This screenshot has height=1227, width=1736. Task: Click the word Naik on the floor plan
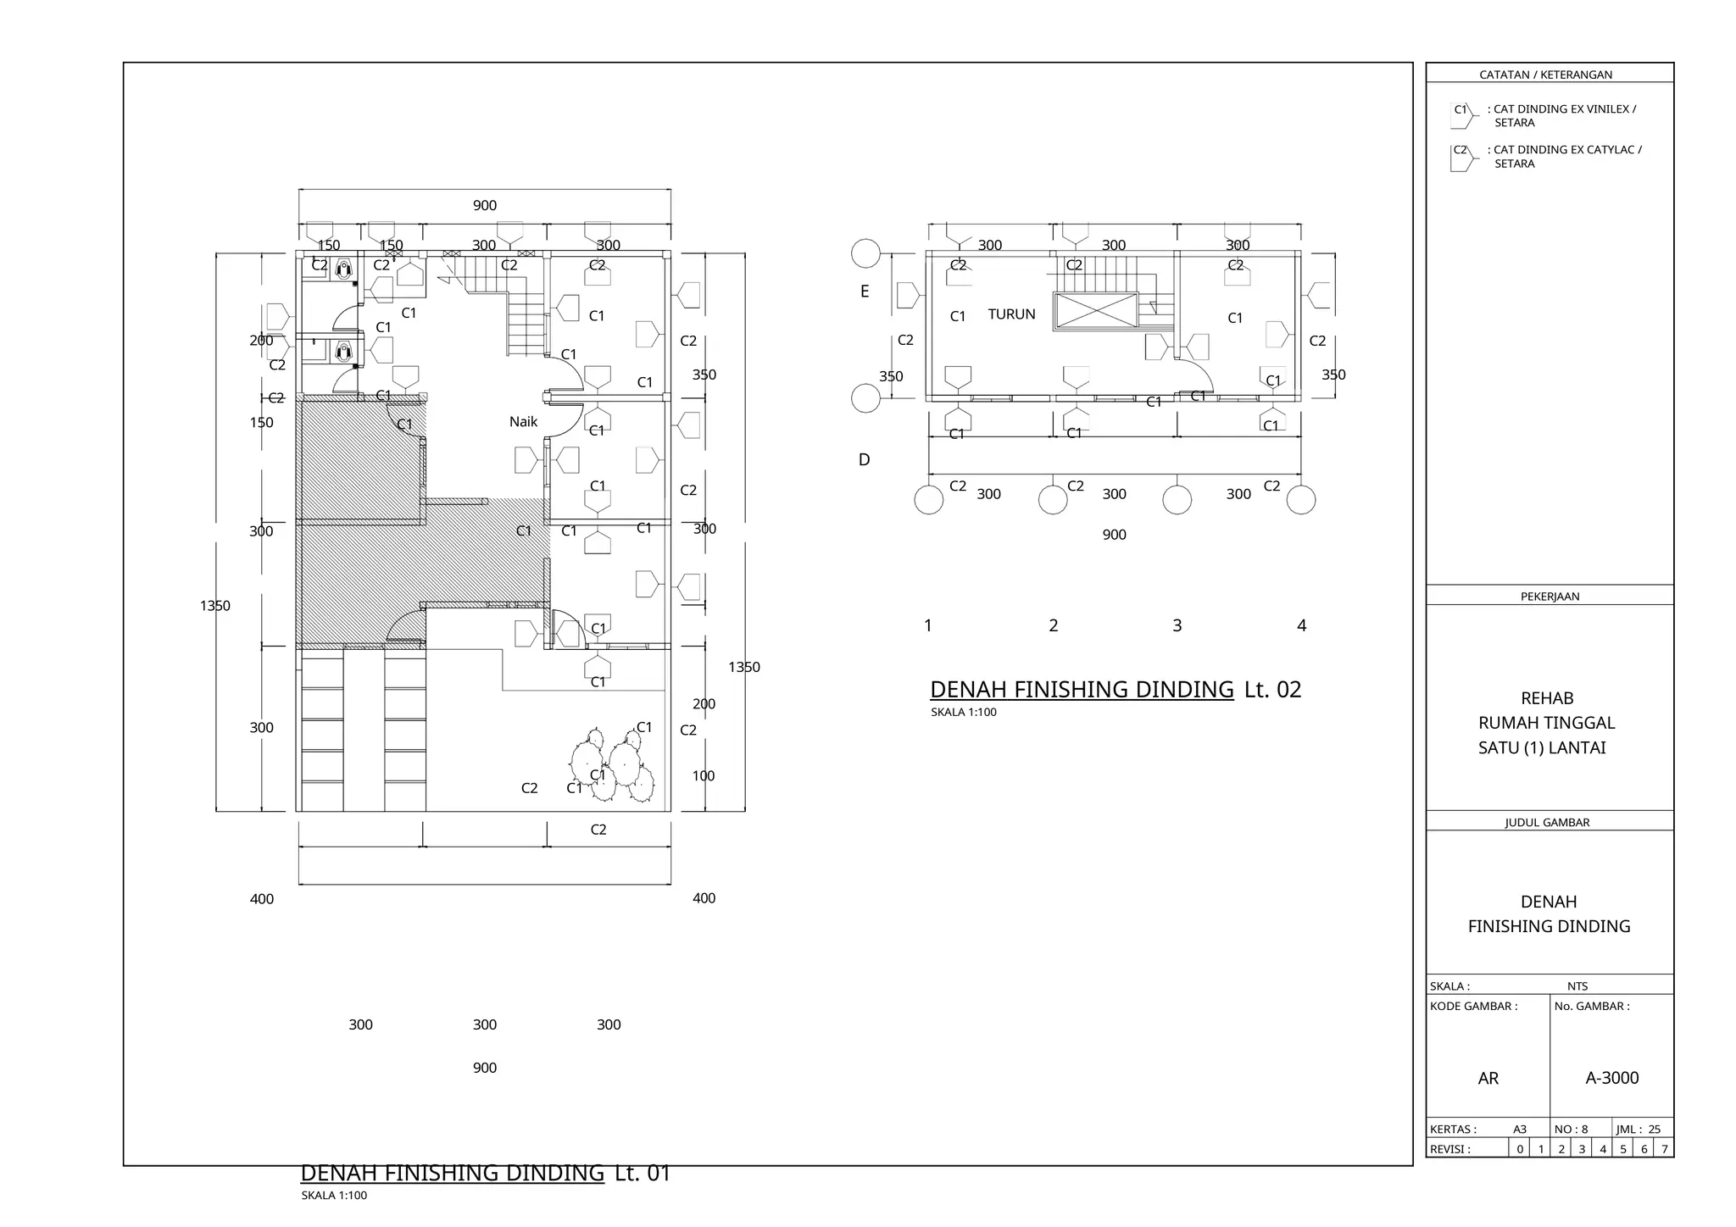tap(523, 422)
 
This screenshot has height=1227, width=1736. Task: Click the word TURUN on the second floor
tap(1011, 314)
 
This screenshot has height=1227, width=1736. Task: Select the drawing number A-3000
tap(1611, 1078)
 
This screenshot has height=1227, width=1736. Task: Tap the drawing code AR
tap(1488, 1079)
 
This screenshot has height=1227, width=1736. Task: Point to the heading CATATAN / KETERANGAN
tap(1545, 75)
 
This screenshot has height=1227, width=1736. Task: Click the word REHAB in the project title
tap(1547, 698)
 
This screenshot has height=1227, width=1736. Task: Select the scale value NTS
tap(1577, 986)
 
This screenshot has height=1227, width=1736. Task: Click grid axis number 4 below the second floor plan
tap(1301, 625)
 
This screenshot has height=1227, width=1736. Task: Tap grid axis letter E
tap(865, 291)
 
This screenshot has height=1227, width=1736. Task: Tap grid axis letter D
tap(864, 460)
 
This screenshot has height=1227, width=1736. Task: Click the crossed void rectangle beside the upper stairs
tap(1095, 311)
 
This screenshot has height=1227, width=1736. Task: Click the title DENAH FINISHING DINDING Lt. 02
tap(1115, 690)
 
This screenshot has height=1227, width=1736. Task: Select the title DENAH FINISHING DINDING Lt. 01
tap(485, 1174)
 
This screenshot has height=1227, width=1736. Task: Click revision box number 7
tap(1664, 1149)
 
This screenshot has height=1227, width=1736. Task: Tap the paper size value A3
tap(1520, 1130)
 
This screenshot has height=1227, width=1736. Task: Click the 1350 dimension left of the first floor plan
tap(214, 606)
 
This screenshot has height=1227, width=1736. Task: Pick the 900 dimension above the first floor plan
tap(484, 206)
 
